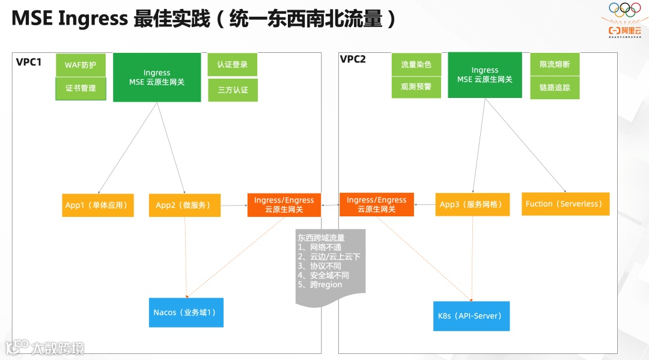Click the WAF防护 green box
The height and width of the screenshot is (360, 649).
click(81, 65)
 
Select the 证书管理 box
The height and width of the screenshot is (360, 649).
click(81, 88)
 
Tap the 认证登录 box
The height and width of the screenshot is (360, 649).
click(233, 65)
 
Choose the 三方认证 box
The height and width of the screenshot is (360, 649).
click(233, 90)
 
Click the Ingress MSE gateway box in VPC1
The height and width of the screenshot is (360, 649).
click(157, 78)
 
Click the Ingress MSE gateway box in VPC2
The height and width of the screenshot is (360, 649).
click(485, 75)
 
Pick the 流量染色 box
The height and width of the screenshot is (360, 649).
click(416, 64)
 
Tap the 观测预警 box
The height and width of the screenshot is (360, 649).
click(416, 87)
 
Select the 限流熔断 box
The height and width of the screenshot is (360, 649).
click(555, 64)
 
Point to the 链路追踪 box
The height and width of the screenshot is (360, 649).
click(555, 88)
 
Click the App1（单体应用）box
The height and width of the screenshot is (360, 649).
click(97, 205)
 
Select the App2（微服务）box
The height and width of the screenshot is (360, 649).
click(184, 205)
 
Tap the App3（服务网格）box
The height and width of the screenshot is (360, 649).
click(472, 204)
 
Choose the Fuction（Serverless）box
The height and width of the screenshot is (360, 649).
click(565, 204)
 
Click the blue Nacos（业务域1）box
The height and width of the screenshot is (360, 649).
click(186, 313)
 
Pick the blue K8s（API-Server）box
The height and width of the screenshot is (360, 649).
click(471, 316)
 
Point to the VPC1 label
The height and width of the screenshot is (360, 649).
click(29, 61)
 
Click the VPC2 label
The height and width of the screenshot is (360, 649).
click(353, 59)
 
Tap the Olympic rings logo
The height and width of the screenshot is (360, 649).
click(626, 10)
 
